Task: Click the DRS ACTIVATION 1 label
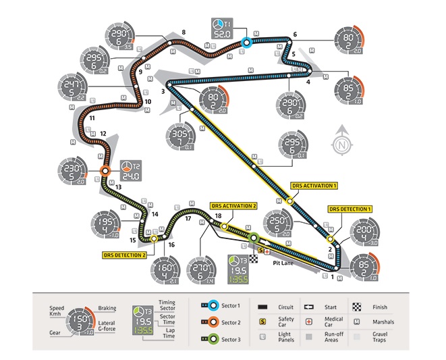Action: pyautogui.click(x=313, y=184)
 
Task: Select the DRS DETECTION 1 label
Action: pyautogui.click(x=350, y=209)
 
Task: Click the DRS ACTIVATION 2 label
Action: pyautogui.click(x=233, y=206)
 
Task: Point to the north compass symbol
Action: pyautogui.click(x=342, y=143)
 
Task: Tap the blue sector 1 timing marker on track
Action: pyautogui.click(x=247, y=42)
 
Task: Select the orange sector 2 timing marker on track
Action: pyautogui.click(x=105, y=172)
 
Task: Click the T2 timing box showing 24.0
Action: pyautogui.click(x=130, y=171)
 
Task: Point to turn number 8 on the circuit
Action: pyautogui.click(x=184, y=32)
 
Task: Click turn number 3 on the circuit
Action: pyautogui.click(x=163, y=91)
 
